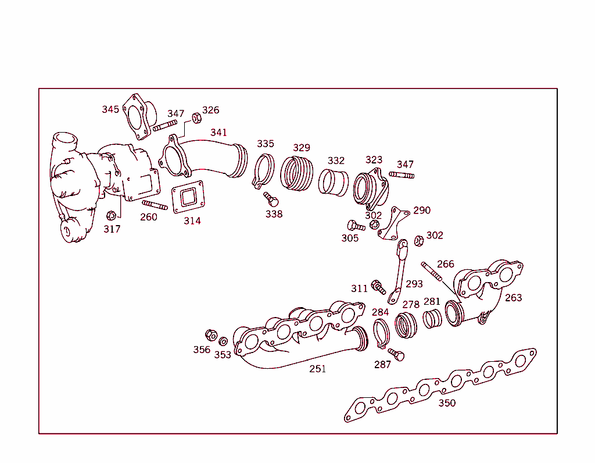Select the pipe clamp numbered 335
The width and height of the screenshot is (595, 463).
click(264, 170)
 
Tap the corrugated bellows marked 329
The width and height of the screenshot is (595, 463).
click(297, 173)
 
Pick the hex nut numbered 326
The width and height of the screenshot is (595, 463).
click(196, 118)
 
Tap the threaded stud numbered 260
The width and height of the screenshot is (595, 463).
click(155, 205)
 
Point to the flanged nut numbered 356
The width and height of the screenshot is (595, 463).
click(212, 335)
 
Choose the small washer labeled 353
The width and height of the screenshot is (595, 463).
click(223, 340)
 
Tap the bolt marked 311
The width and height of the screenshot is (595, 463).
click(378, 286)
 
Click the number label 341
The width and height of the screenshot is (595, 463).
click(218, 133)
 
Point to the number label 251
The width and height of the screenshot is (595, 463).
click(317, 369)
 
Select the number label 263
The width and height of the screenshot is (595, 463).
click(513, 298)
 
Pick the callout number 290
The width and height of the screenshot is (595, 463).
click(422, 210)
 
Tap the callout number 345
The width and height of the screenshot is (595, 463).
click(110, 109)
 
